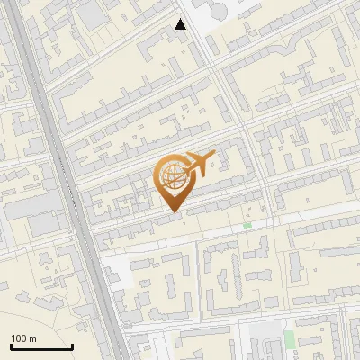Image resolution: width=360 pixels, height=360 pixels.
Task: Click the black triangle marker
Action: click(x=181, y=24)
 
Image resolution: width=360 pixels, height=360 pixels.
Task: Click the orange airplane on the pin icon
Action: click(x=200, y=163)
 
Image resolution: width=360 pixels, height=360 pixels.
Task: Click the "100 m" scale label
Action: click(x=23, y=338)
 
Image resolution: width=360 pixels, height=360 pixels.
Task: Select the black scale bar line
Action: click(x=41, y=346)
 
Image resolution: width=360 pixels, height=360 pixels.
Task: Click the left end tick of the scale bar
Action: click(x=11, y=345)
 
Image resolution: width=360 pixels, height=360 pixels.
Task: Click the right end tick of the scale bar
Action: click(x=72, y=345)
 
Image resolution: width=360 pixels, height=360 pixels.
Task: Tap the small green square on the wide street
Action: click(x=247, y=225)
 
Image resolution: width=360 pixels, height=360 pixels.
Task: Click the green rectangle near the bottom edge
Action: click(x=289, y=338)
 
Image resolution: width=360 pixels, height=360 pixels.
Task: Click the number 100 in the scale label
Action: click(x=19, y=338)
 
